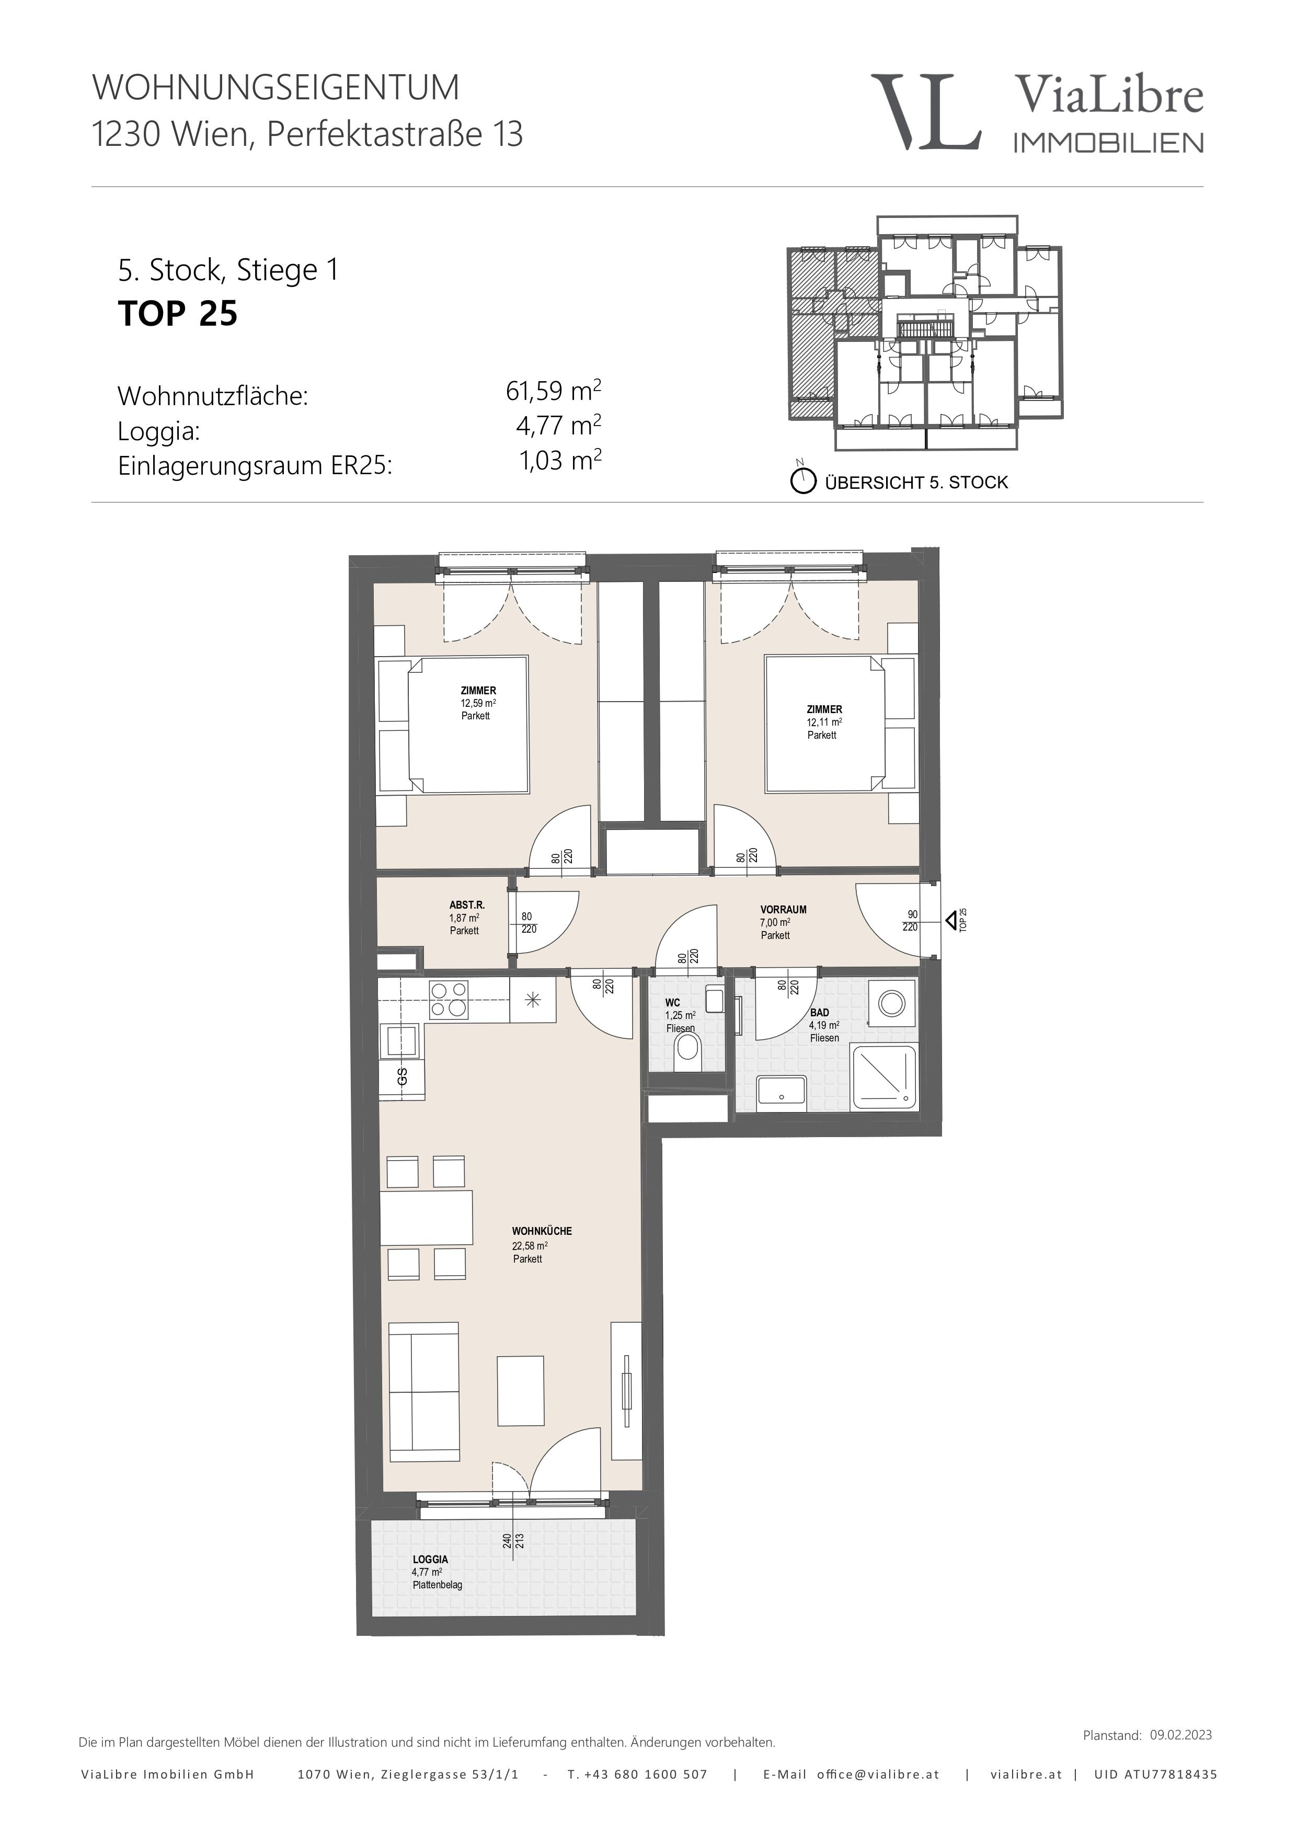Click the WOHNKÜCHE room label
(542, 1231)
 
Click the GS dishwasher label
(403, 1076)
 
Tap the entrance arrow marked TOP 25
(952, 921)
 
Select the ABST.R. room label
(466, 905)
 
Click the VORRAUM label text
(783, 909)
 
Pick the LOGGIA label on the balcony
(430, 1559)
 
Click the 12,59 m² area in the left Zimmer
(478, 703)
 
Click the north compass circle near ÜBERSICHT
(802, 482)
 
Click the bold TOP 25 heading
(177, 313)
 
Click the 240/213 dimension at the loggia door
(513, 1540)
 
